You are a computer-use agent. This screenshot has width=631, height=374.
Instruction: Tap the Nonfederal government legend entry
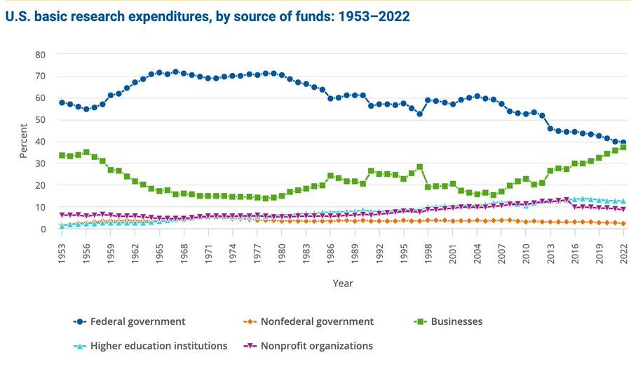tap(318, 322)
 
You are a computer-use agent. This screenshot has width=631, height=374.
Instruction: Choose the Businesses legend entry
tap(456, 322)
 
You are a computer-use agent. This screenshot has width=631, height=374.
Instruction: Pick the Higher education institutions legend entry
tap(159, 346)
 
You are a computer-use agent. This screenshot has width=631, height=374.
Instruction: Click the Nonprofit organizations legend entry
tap(316, 346)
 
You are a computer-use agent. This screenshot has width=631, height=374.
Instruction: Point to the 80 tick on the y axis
tap(40, 54)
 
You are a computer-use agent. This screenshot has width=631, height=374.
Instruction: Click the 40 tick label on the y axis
tap(40, 142)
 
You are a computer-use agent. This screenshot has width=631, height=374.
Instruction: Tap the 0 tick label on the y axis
tap(43, 229)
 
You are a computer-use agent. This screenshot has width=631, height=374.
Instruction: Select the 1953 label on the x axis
tap(62, 251)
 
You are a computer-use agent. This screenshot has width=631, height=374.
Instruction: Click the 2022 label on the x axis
tap(623, 251)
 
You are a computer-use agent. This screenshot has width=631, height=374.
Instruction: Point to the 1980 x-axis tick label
tap(282, 251)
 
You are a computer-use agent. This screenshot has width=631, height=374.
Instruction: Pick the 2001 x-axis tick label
tap(453, 251)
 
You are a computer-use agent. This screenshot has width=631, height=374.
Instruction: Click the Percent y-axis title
tap(23, 142)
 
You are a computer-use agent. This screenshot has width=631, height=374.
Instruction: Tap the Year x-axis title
tap(342, 283)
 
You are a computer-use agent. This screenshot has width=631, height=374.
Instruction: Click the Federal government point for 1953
tap(62, 102)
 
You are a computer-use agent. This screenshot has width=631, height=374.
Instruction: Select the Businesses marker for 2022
tap(623, 147)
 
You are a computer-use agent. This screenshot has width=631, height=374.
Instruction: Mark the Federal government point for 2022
tap(623, 142)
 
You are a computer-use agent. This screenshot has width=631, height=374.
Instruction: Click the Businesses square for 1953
tap(62, 155)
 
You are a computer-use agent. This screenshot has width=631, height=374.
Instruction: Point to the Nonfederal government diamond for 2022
tap(623, 224)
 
